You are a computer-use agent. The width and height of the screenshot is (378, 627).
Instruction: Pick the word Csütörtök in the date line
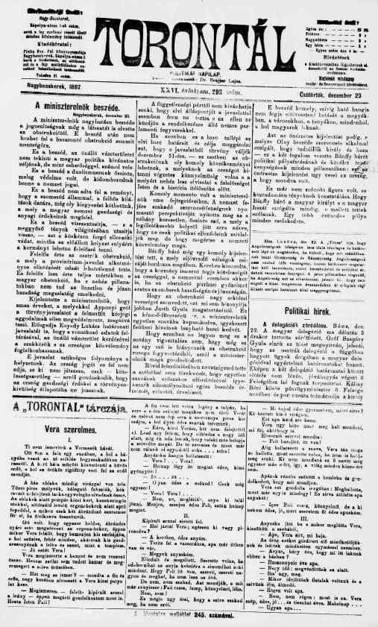[x=307, y=86]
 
